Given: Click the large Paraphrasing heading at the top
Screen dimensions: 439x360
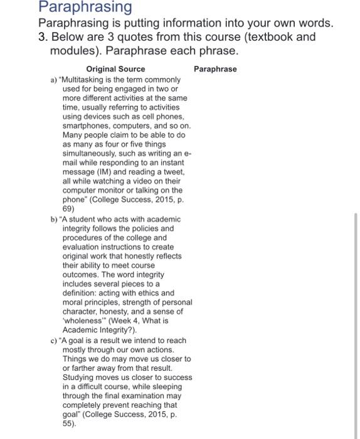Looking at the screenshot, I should [76, 8].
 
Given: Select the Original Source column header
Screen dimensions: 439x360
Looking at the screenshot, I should [115, 69].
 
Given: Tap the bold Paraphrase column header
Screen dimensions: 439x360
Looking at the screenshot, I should [216, 68].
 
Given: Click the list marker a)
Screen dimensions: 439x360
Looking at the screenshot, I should [53, 80].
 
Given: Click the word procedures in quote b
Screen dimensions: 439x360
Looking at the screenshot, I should [83, 238].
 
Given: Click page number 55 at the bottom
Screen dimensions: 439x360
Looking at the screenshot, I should [69, 423].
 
